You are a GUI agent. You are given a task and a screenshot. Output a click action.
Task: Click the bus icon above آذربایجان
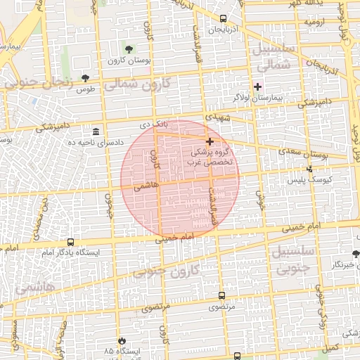(x=223, y=19)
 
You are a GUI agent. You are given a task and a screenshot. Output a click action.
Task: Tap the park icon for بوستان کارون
(x=129, y=48)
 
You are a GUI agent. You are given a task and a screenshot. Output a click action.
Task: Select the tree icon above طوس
(x=86, y=77)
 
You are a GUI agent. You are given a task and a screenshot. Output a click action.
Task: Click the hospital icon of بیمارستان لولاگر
(x=258, y=86)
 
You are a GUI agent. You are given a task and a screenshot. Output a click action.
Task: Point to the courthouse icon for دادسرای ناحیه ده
(x=96, y=131)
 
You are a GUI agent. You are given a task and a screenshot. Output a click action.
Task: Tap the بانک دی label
(x=155, y=124)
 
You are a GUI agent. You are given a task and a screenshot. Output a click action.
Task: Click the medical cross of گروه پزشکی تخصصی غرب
(x=210, y=141)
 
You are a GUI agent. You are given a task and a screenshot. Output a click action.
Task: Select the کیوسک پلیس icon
(x=310, y=169)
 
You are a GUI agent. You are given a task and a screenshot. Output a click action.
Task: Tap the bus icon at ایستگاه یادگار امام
(x=70, y=242)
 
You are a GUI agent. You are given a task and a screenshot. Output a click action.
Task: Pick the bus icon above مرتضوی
(x=223, y=296)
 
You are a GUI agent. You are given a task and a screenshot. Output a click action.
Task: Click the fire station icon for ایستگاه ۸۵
(x=123, y=340)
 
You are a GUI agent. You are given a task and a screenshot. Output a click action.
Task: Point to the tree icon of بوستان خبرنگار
(x=355, y=254)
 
